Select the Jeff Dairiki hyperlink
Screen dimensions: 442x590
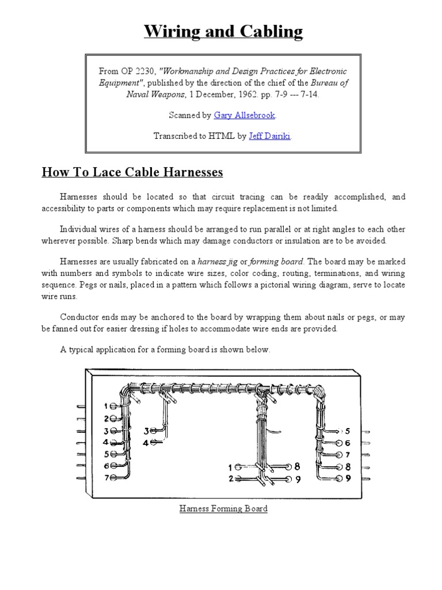click(270, 137)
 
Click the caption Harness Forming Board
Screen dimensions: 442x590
click(223, 509)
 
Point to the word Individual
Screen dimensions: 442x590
click(79, 229)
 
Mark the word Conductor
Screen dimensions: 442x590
click(79, 316)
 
